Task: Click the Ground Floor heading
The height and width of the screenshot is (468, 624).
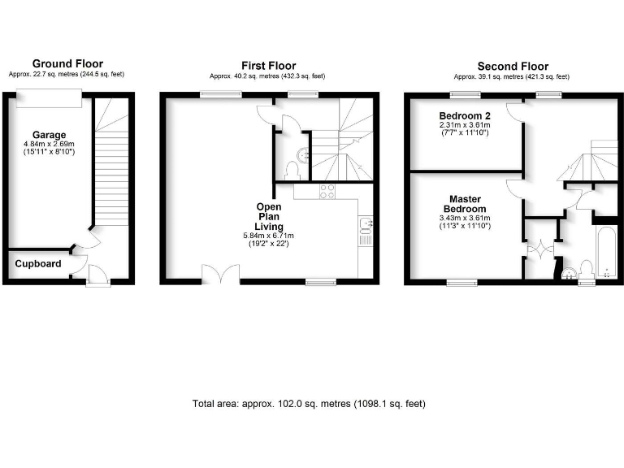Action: coord(67,64)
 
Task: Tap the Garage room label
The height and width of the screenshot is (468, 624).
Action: coord(49,135)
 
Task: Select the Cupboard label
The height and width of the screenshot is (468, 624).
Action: coord(37,264)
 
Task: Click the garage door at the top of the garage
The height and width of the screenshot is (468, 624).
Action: coord(49,97)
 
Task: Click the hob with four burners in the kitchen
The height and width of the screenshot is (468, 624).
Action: coord(327,192)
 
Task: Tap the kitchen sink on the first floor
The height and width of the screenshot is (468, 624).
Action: coord(366,224)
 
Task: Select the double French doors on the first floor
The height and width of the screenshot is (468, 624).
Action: coord(219,275)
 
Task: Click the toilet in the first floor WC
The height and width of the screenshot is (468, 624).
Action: coord(292,169)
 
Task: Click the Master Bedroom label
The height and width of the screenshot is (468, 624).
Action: coord(465,204)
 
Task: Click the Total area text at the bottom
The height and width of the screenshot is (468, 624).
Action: coord(309,404)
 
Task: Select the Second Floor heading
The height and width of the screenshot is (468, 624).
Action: coord(513,66)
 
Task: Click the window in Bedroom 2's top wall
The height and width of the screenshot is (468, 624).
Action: coord(461,95)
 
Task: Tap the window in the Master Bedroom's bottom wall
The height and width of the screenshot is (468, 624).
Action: coord(461,282)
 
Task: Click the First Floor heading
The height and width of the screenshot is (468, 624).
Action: coord(269,65)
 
